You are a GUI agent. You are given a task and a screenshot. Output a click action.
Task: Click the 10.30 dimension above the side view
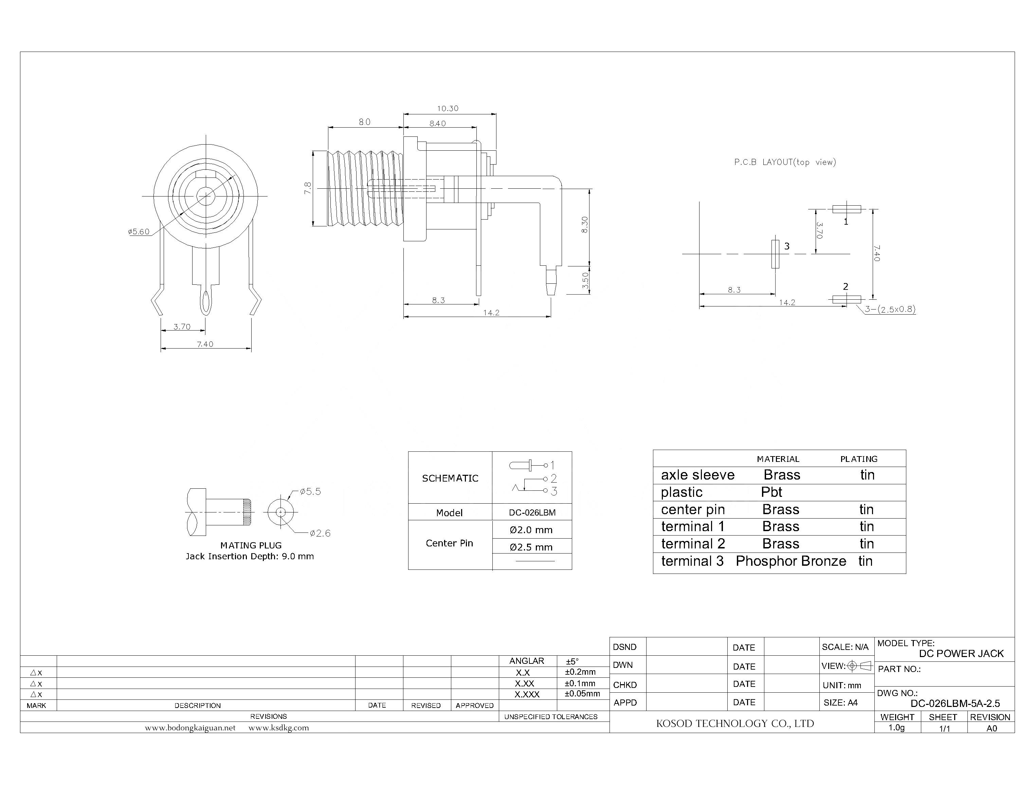point(448,109)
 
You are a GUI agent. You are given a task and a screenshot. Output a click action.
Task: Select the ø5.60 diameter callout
point(139,231)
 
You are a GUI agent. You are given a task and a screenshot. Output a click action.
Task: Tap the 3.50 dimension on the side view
point(585,281)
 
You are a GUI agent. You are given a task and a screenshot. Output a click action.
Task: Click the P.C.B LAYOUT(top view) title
point(784,162)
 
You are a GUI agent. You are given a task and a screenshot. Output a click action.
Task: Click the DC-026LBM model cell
point(532,512)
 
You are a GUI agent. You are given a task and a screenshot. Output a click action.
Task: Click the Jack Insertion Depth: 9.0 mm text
point(250,556)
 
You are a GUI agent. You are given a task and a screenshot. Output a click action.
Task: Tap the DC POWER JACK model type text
point(961,654)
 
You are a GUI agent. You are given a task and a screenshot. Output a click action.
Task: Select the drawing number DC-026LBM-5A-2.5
point(955,703)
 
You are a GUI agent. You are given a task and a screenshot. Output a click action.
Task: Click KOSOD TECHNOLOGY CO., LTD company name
point(735,723)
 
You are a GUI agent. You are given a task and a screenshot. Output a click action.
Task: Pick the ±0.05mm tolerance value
point(582,693)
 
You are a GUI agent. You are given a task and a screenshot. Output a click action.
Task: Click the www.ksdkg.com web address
point(278,728)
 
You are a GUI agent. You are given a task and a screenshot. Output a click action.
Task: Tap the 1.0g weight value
point(896,728)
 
